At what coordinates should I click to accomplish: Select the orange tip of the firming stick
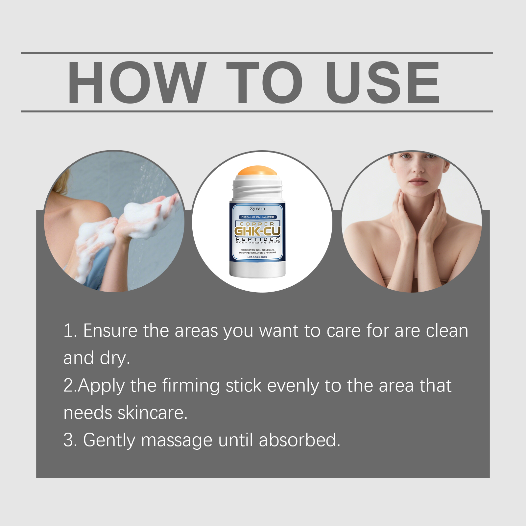pyautogui.click(x=257, y=171)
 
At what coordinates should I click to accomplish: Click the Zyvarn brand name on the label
pyautogui.click(x=257, y=208)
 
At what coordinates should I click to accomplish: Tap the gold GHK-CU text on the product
pyautogui.click(x=257, y=231)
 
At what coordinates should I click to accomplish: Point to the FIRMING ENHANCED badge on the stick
pyautogui.click(x=257, y=217)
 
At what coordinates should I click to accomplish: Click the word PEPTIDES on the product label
pyautogui.click(x=258, y=239)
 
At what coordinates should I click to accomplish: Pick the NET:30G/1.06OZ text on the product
pyautogui.click(x=257, y=257)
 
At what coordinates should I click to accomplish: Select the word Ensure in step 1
pyautogui.click(x=110, y=330)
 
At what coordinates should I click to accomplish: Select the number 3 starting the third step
pyautogui.click(x=68, y=440)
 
